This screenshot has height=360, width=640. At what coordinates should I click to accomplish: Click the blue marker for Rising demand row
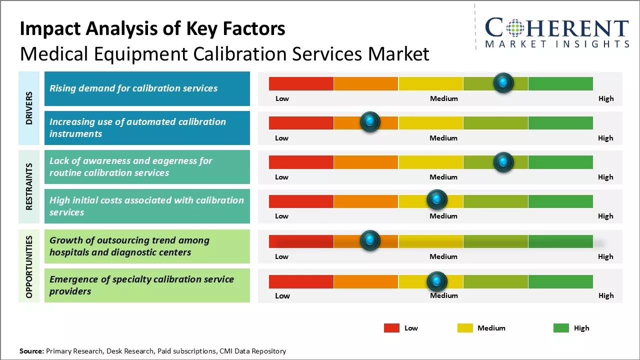coord(503,82)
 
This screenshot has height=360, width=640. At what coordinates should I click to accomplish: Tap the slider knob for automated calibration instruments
coord(370,121)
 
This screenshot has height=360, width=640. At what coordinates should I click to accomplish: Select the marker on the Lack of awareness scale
coord(503,161)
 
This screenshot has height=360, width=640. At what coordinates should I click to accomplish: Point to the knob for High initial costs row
coord(437,199)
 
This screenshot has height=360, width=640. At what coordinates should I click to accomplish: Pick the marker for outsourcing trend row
coord(370,240)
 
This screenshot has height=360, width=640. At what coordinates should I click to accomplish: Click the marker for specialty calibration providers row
coord(437,281)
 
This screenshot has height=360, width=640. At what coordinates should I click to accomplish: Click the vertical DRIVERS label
coord(29,107)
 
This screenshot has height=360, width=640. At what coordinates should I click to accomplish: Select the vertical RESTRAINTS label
coord(29,186)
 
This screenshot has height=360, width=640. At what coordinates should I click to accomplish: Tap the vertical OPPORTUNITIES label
coord(29,266)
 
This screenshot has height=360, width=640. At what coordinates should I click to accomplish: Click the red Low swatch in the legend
coord(391,328)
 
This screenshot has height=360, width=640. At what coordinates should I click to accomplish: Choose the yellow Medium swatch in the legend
coord(465,328)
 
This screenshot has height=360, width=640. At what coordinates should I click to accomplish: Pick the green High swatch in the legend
coord(561,328)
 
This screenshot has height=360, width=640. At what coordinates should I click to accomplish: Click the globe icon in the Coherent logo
coord(514,28)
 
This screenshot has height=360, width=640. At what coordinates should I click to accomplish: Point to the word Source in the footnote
coord(31,351)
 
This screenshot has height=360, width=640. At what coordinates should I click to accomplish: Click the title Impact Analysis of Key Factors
coord(152,29)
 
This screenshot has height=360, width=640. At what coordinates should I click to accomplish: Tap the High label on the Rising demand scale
coord(605,98)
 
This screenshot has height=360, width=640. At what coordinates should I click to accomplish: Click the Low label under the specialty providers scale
coord(282,295)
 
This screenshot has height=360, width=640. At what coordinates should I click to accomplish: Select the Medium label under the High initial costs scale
coord(443,216)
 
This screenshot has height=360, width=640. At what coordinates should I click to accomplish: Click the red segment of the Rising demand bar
coord(301,83)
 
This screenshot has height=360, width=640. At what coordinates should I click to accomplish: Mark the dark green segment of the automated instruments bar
coord(560,122)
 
